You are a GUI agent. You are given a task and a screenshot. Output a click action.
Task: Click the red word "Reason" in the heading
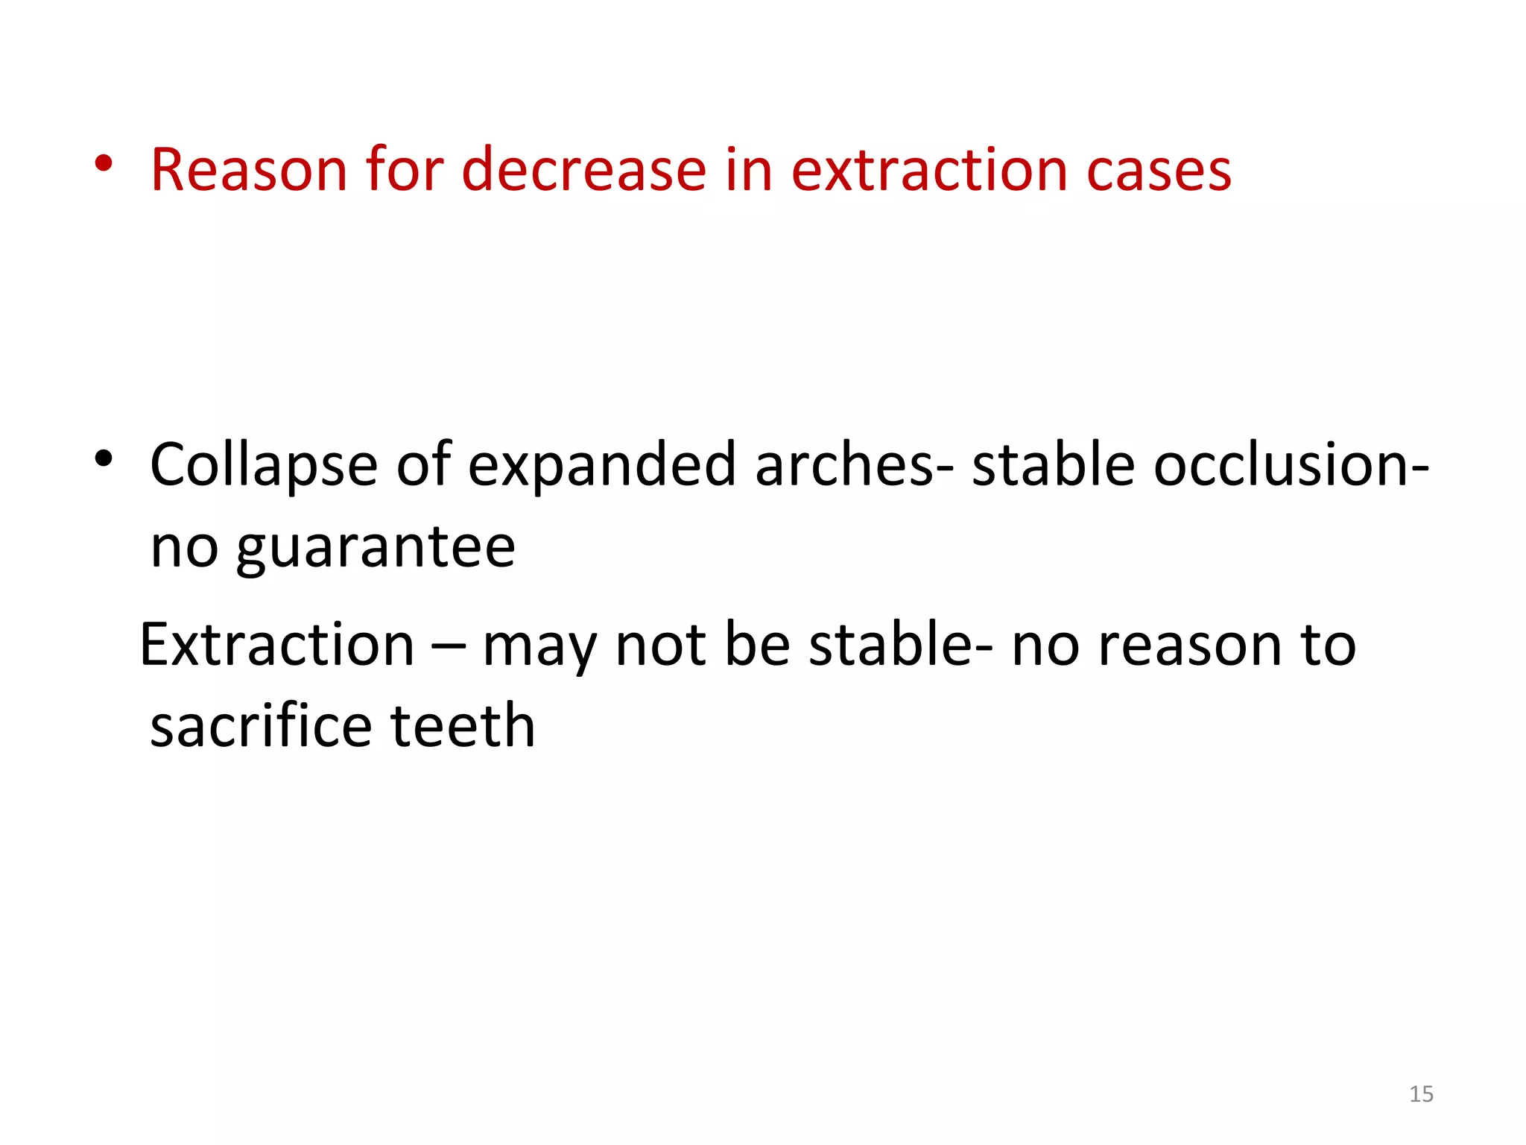[x=249, y=170]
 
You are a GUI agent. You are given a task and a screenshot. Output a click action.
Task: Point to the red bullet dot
[x=104, y=165]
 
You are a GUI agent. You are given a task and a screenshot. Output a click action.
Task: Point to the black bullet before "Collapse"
[x=104, y=459]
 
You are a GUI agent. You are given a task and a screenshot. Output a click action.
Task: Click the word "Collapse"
[x=264, y=466]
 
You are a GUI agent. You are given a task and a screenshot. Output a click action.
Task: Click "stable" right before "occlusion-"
[x=1053, y=464]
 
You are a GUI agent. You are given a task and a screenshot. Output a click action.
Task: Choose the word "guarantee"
[x=376, y=548]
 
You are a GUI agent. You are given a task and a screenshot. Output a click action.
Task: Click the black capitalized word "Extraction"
[x=277, y=645]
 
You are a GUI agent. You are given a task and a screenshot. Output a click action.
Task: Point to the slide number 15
[x=1421, y=1094]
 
